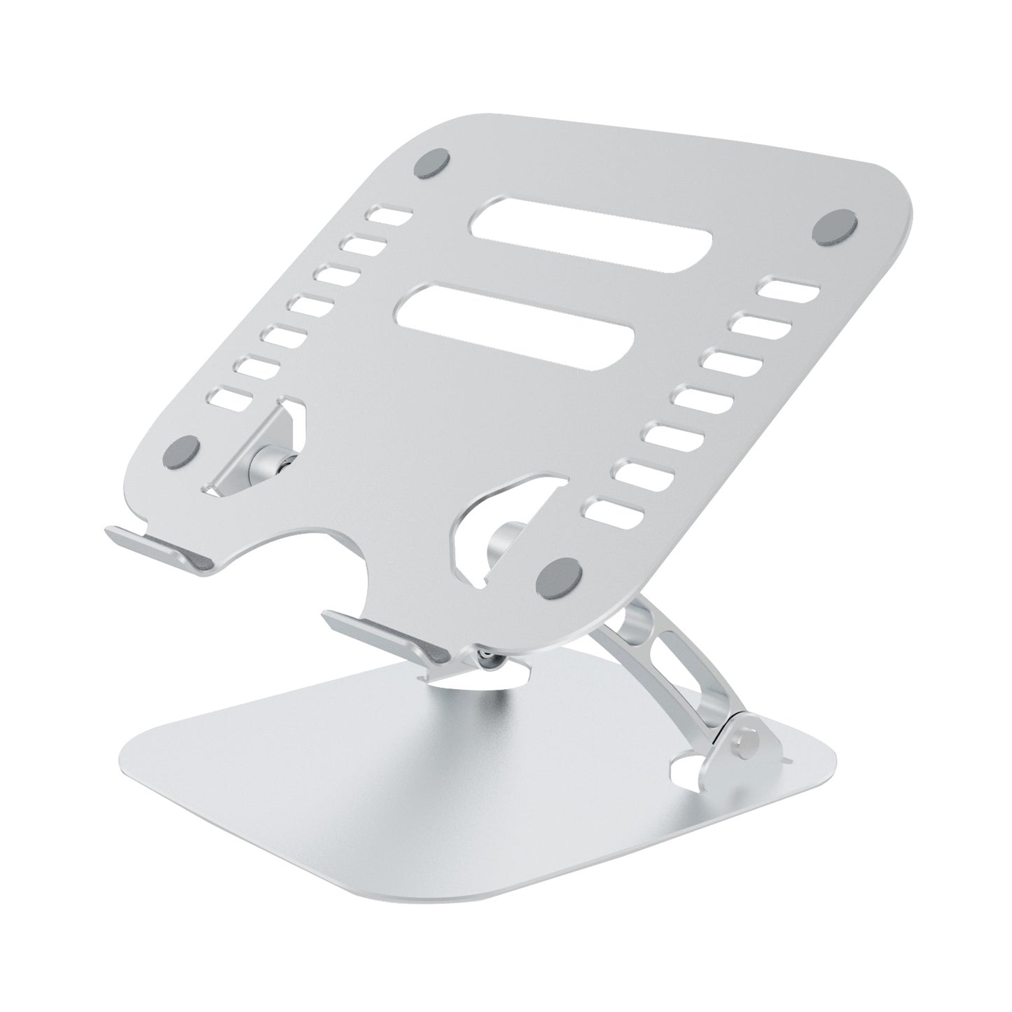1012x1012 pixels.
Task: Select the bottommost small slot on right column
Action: (614, 509)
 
